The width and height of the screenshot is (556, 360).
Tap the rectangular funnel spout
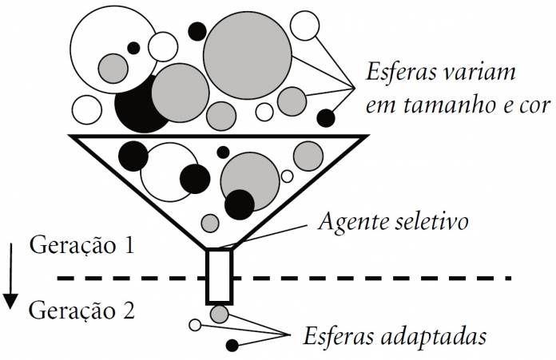(x=220, y=276)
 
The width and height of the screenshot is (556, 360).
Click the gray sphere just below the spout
(x=220, y=315)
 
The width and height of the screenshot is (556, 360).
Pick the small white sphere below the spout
(x=194, y=325)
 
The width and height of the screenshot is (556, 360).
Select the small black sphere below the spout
(x=232, y=346)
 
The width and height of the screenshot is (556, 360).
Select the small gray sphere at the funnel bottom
(x=209, y=222)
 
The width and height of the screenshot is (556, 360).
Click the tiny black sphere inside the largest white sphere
(x=133, y=45)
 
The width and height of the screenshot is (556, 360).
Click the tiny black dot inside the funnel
(x=223, y=152)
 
